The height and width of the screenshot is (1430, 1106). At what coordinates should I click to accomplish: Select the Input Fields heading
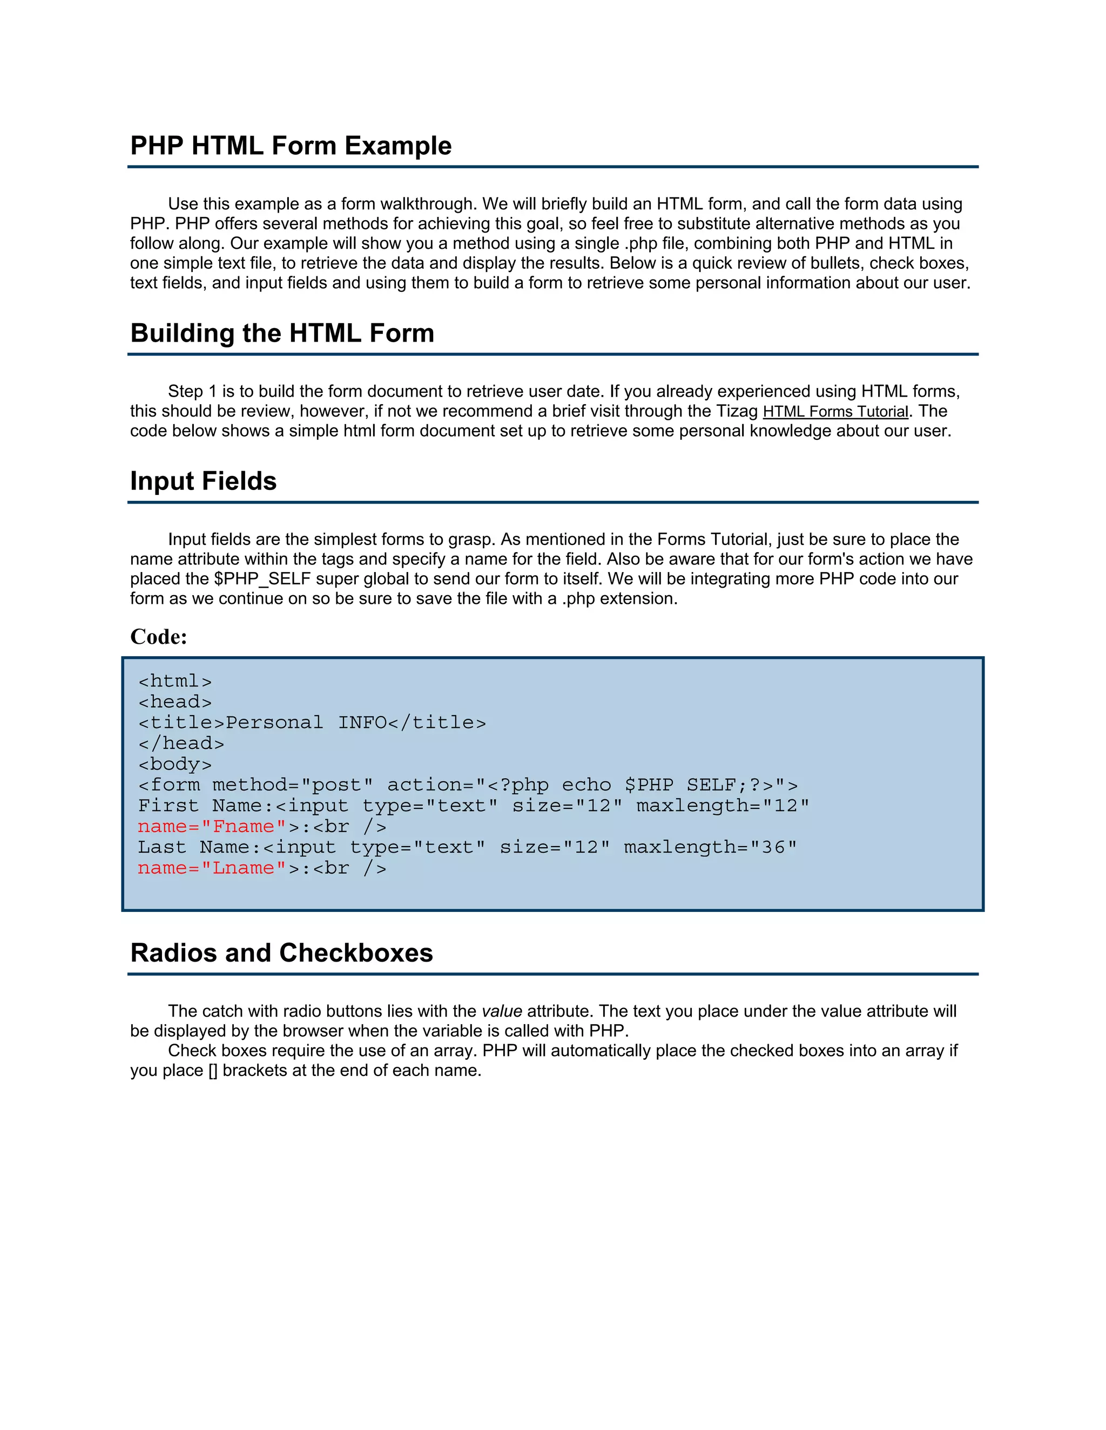203,481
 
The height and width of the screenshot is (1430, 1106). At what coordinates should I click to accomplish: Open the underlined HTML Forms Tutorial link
835,412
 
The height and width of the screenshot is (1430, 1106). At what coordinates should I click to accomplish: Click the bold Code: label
159,636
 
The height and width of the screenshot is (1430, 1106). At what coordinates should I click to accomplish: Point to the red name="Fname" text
212,826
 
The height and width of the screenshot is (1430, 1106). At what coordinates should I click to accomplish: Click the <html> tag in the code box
175,681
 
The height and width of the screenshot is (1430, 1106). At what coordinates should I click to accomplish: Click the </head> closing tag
181,743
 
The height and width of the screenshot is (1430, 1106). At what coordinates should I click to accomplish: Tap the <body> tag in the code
175,764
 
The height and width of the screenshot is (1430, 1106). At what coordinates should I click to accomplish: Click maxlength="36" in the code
710,847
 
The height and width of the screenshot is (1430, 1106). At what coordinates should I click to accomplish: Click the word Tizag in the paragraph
737,411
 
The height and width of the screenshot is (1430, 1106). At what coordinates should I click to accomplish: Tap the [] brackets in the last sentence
213,1071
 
